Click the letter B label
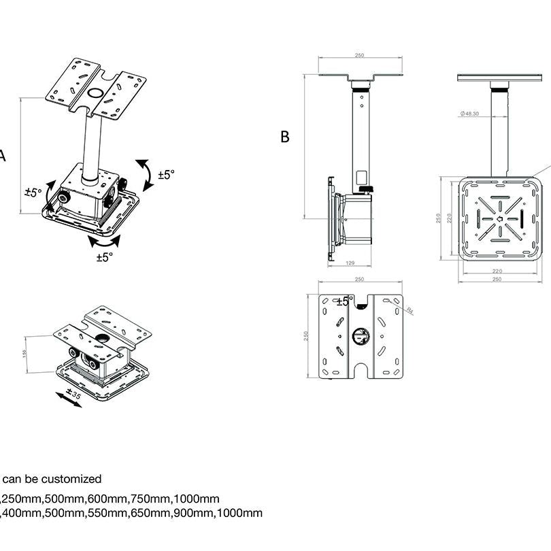[x=285, y=137]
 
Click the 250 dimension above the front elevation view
[x=361, y=56]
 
